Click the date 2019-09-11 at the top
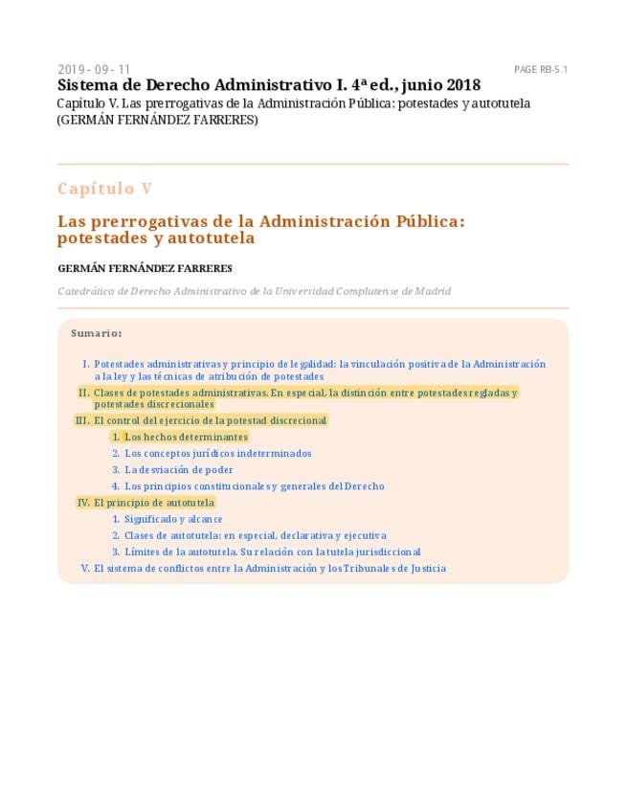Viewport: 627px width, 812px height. [x=94, y=70]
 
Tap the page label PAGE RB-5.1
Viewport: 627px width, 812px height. [x=541, y=70]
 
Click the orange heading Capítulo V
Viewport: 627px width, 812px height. [x=104, y=189]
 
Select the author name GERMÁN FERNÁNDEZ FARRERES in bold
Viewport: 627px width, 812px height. [x=145, y=268]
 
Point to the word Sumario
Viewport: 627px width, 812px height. [x=96, y=333]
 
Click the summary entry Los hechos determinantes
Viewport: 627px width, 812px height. [x=186, y=437]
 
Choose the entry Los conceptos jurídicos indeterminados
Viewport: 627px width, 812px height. [x=217, y=453]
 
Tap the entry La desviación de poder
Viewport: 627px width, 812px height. [x=178, y=469]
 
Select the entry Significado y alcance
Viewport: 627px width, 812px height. [x=173, y=519]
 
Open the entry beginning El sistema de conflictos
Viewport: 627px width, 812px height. [x=269, y=568]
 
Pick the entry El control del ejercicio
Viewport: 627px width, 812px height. [x=210, y=420]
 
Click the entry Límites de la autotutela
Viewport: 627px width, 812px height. [x=272, y=552]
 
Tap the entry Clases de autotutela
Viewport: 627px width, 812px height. [x=255, y=535]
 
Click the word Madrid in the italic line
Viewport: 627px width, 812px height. [x=432, y=291]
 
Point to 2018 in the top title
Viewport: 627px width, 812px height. [x=462, y=85]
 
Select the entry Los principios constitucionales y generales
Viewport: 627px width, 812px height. [x=254, y=485]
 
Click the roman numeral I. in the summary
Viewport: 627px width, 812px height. [x=85, y=364]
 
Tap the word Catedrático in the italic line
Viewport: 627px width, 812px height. [x=85, y=291]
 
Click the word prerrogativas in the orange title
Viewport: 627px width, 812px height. [x=145, y=220]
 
